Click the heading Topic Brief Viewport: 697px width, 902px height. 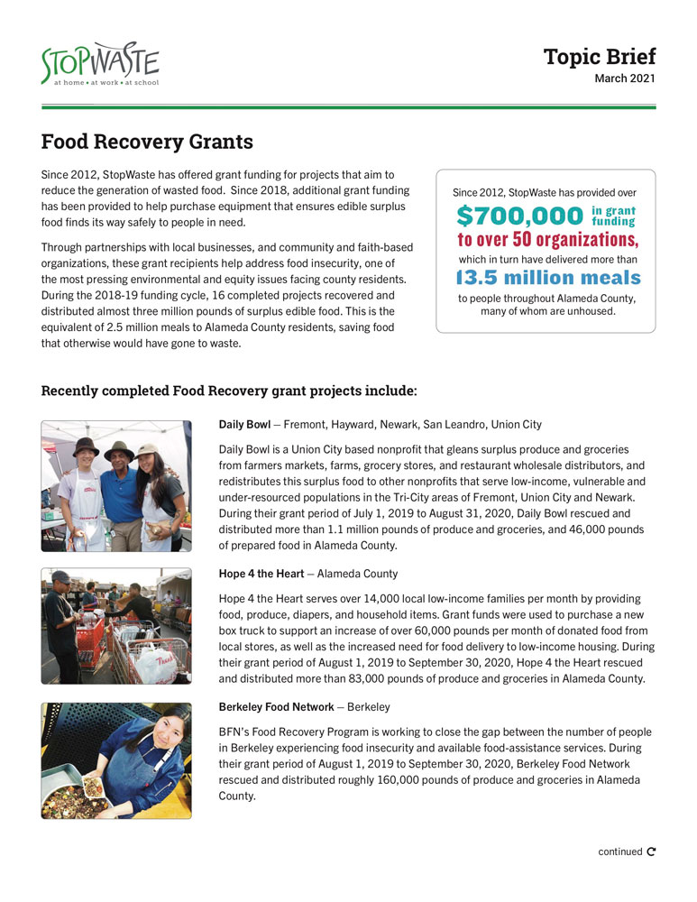point(599,57)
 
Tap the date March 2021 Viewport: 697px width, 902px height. point(624,78)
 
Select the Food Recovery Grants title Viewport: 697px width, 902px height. point(147,143)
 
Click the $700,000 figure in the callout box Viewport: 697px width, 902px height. point(519,216)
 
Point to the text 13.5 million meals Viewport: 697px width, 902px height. point(547,278)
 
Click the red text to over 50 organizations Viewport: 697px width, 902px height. point(547,240)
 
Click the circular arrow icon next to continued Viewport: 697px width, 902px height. point(652,851)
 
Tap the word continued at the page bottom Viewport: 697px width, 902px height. point(619,851)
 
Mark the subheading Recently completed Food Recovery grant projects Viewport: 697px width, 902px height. point(229,391)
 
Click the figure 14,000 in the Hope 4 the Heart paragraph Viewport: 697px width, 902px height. point(391,599)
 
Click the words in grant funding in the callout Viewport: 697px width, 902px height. point(613,216)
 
